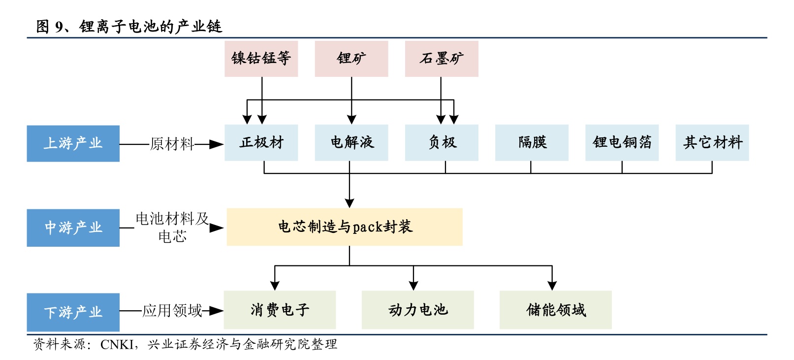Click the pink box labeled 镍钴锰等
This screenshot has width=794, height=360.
(261, 59)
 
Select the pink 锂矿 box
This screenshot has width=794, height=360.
(351, 59)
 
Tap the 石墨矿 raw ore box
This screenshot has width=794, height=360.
(441, 59)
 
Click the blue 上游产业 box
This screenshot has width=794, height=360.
(73, 143)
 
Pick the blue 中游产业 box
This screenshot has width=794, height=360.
(73, 228)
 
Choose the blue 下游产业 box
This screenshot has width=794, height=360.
(73, 312)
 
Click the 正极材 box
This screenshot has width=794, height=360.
(261, 143)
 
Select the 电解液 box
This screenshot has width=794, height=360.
(351, 143)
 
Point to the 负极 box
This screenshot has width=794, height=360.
(441, 143)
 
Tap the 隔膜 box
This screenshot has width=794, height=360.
(532, 143)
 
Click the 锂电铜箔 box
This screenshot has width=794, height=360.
(622, 143)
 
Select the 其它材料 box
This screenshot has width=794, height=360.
(712, 143)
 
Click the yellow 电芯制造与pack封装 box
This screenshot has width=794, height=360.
(344, 227)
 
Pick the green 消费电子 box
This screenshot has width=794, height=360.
(280, 310)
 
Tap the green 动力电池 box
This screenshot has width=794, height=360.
(417, 310)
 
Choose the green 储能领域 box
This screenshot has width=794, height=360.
(555, 310)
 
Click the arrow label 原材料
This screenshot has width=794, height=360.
(172, 144)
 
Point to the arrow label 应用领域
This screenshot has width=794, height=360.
(172, 311)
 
